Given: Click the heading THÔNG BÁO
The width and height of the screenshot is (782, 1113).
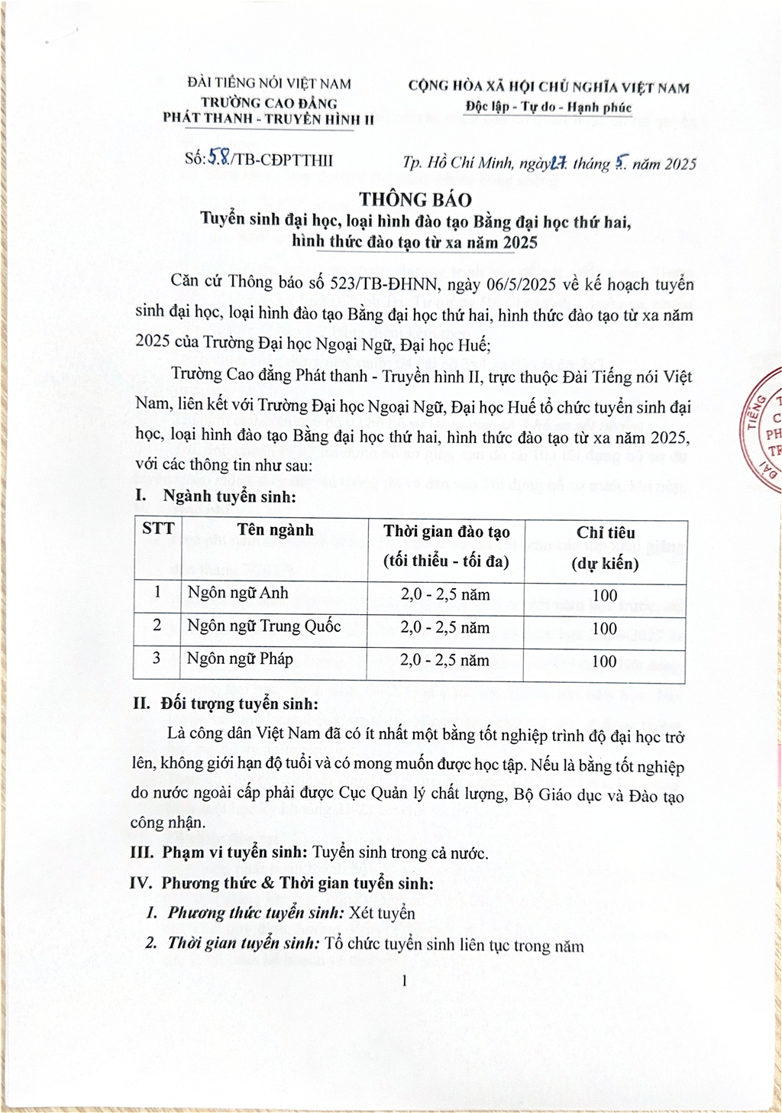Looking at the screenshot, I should (x=415, y=199).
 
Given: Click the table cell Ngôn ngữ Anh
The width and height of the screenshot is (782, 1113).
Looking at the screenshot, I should (x=238, y=594).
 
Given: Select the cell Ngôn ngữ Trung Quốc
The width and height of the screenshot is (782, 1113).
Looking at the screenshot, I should (x=264, y=626).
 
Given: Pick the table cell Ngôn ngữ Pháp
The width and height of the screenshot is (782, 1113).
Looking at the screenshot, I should (x=240, y=659).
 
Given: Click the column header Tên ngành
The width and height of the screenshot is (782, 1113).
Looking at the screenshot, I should (x=275, y=531).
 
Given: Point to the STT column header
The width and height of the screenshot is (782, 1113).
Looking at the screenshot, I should (x=158, y=529).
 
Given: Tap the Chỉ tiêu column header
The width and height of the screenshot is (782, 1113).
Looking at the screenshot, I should (x=606, y=547).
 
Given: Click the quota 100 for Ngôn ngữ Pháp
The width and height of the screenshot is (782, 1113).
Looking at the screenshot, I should (x=604, y=662).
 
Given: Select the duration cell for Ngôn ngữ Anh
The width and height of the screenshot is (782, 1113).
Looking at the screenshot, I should (x=445, y=595).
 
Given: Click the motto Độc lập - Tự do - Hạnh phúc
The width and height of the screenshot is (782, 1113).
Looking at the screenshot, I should (x=549, y=107).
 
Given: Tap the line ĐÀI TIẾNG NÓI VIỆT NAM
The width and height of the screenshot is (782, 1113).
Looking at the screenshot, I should (x=269, y=84).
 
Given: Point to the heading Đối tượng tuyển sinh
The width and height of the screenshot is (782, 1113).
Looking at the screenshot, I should (x=239, y=704).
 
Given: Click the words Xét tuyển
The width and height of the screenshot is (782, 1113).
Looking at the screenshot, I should (x=382, y=914).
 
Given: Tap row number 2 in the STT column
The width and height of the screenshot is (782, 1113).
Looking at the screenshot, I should (x=157, y=626).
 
